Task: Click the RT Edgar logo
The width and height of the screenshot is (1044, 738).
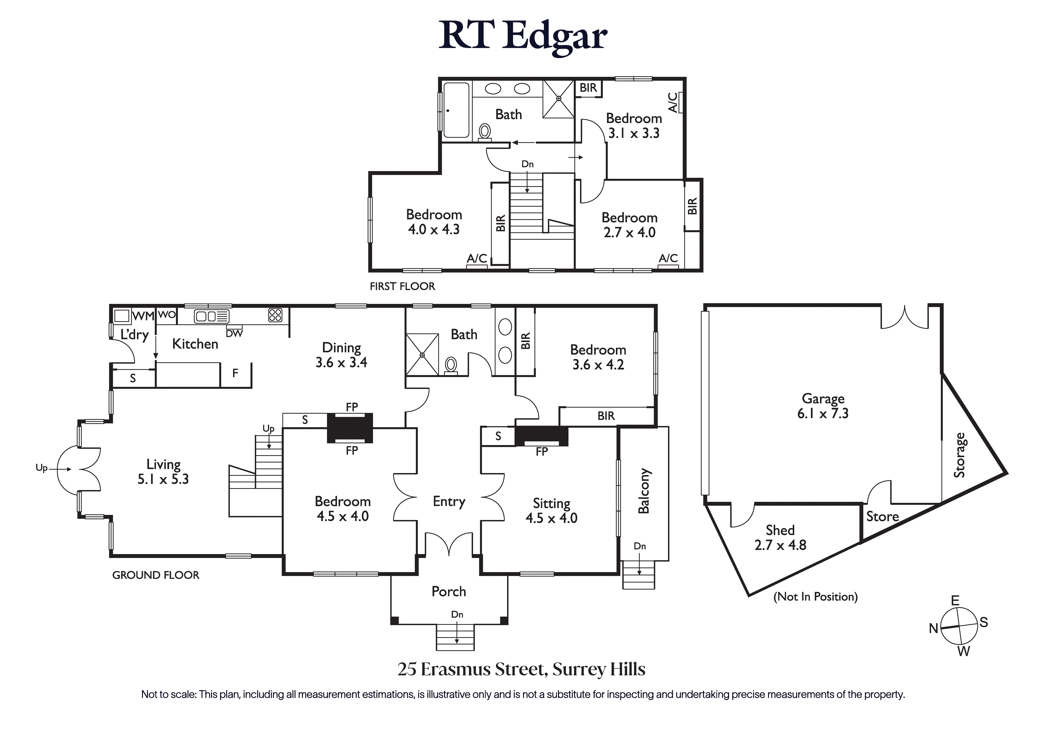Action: click(x=523, y=36)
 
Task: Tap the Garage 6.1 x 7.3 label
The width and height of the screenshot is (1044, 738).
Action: click(x=823, y=406)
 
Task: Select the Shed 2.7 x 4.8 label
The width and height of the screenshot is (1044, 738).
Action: click(x=780, y=537)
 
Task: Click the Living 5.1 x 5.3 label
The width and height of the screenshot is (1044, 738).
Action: click(x=163, y=471)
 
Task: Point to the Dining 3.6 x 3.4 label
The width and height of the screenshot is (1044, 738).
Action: click(x=341, y=355)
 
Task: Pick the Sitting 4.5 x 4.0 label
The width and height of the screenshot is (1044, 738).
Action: click(x=552, y=510)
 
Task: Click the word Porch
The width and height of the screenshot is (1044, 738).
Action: click(x=449, y=591)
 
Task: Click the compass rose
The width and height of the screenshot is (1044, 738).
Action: click(x=959, y=626)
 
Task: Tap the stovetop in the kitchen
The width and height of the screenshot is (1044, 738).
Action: click(x=275, y=315)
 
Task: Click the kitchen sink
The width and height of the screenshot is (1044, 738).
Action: click(x=211, y=316)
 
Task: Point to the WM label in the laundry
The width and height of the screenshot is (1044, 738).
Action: click(x=143, y=316)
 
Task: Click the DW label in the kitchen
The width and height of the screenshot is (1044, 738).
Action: click(x=234, y=334)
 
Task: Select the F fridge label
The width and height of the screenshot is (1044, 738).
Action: click(x=235, y=373)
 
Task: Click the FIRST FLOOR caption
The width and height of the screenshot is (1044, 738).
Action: click(x=402, y=286)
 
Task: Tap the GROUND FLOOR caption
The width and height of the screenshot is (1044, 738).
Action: click(x=155, y=575)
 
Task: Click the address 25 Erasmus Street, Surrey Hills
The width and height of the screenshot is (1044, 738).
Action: click(x=522, y=669)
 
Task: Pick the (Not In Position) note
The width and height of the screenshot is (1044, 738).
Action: click(x=816, y=597)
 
